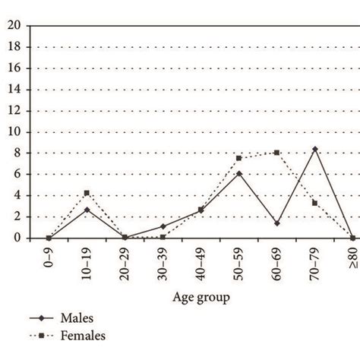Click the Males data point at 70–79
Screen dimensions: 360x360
315,149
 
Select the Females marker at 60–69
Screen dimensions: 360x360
276,153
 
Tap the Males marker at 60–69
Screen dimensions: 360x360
276,223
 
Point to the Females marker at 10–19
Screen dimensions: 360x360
87,193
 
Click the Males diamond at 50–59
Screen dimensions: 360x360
238,174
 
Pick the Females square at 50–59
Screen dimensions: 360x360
238,158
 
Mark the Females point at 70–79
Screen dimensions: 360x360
315,203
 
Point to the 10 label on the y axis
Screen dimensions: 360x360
15,132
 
